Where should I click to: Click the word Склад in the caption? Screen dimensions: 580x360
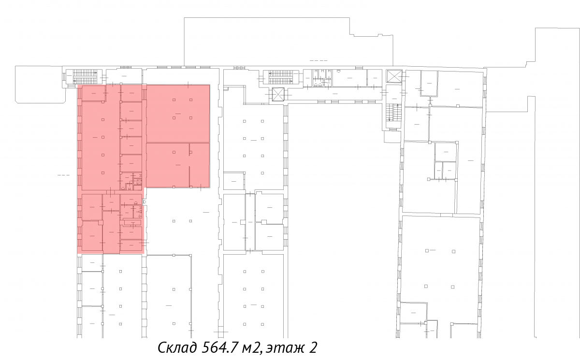pyautogui.click(x=177, y=347)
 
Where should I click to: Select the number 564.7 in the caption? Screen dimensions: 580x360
pyautogui.click(x=220, y=347)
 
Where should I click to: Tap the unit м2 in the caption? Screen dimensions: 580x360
pyautogui.click(x=251, y=348)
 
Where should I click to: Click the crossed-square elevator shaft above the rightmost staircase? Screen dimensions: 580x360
pyautogui.click(x=394, y=76)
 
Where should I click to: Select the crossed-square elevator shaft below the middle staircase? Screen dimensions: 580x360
pyautogui.click(x=278, y=94)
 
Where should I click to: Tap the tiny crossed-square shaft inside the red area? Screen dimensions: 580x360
pyautogui.click(x=139, y=182)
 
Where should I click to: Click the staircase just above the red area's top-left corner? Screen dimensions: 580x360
pyautogui.click(x=85, y=77)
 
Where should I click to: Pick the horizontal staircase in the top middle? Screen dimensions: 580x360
pyautogui.click(x=281, y=78)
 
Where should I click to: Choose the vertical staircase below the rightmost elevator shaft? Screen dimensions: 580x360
pyautogui.click(x=393, y=112)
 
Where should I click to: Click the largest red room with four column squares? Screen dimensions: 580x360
pyautogui.click(x=178, y=114)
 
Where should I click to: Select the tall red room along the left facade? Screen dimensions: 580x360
pyautogui.click(x=101, y=146)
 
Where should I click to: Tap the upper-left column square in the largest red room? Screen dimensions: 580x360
pyautogui.click(x=174, y=100)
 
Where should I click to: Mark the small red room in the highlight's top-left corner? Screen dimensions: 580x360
pyautogui.click(x=93, y=93)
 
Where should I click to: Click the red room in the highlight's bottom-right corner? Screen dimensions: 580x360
pyautogui.click(x=131, y=245)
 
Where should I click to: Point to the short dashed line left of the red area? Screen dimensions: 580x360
pyautogui.click(x=63, y=175)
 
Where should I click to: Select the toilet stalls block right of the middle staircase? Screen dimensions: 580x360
pyautogui.click(x=322, y=78)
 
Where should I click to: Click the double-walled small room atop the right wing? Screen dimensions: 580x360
pyautogui.click(x=429, y=83)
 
